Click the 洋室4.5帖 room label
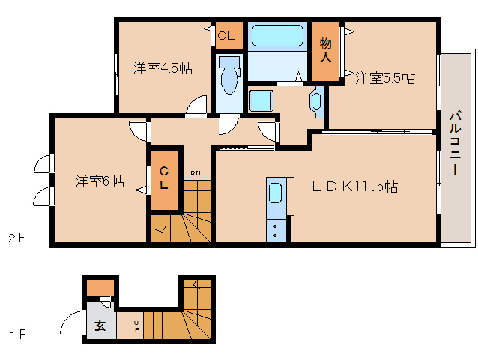point(163,68)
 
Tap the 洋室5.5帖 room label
point(385,77)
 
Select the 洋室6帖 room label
point(100,181)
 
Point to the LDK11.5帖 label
point(355,187)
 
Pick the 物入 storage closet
point(325,51)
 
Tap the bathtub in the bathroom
point(276,36)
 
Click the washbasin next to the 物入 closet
point(315,100)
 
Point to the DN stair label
point(195,173)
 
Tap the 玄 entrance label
point(100,325)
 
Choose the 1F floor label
point(17,334)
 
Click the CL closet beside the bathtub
point(226,34)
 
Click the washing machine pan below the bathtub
point(262,100)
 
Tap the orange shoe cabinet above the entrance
point(100,288)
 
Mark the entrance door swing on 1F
point(71,325)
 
